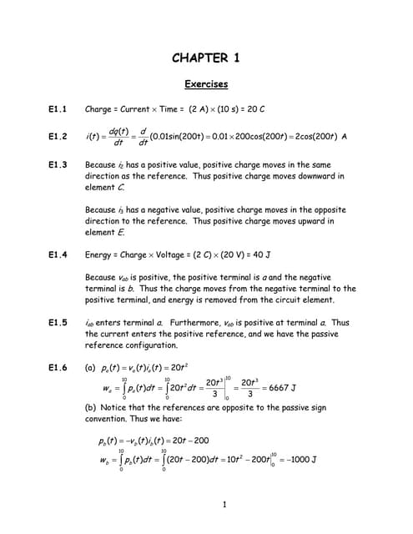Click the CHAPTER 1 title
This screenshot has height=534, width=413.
coord(205,58)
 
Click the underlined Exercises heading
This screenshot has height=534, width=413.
coord(205,84)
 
